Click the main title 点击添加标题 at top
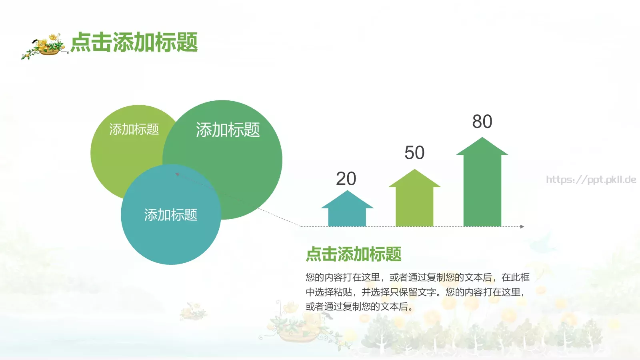pos(134,42)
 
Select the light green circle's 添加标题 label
pos(134,129)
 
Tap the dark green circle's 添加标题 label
pos(228,130)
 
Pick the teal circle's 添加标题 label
pos(171,215)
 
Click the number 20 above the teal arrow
pos(346,179)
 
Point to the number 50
pos(414,153)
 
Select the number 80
pos(482,122)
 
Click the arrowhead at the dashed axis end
pos(522,226)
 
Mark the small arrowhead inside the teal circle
pos(177,174)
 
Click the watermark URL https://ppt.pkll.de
pos(591,180)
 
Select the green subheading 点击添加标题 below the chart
pos(354,254)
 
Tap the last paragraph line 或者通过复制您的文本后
pos(359,307)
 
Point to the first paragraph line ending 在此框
pos(417,277)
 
